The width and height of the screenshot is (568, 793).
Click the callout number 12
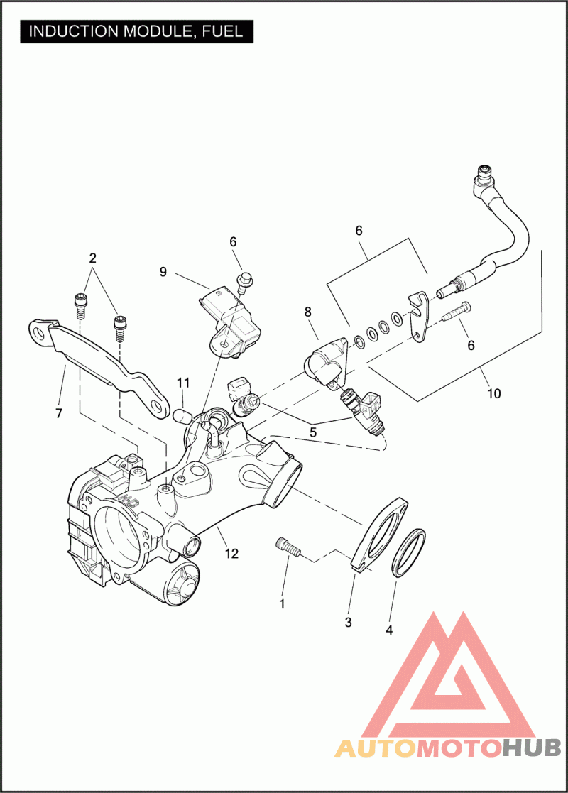tap(232, 554)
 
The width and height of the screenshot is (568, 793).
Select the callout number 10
tap(494, 393)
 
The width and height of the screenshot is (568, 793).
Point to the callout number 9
tap(163, 271)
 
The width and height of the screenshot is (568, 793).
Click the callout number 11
tap(184, 384)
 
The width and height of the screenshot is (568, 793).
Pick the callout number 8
tap(307, 311)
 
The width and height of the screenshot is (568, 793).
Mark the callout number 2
tap(93, 257)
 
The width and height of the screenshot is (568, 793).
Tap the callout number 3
tap(348, 623)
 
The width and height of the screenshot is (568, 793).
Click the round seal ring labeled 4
tap(410, 553)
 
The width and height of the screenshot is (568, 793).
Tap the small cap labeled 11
tap(182, 413)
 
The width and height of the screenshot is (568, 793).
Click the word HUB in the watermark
tap(532, 748)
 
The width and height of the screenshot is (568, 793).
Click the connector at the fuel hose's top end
tap(484, 173)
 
